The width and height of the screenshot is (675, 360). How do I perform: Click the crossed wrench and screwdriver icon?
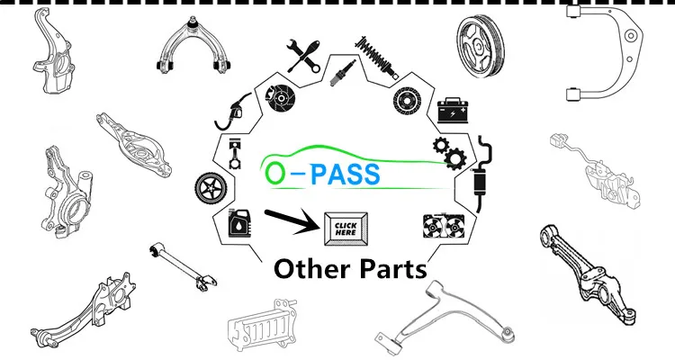[x=303, y=57]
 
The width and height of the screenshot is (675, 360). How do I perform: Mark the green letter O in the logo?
[x=274, y=174]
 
